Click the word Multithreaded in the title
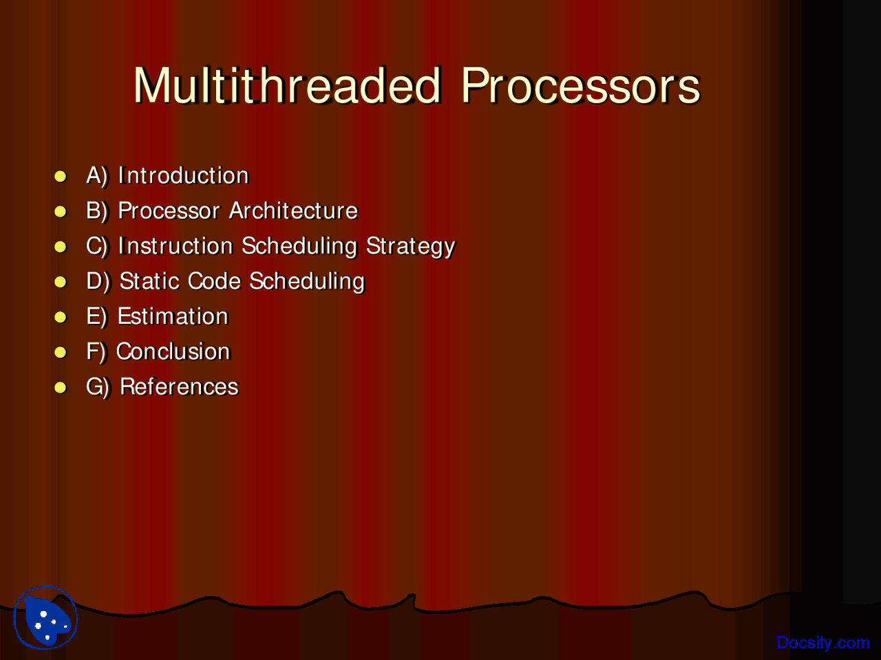(288, 85)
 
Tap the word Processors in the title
(580, 85)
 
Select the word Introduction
(183, 175)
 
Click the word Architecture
(293, 210)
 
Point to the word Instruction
(176, 245)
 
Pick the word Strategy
(411, 246)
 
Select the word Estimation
(173, 316)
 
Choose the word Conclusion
(173, 351)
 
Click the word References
(180, 386)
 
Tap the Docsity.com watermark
(822, 643)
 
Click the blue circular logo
(45, 617)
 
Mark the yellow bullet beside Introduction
(60, 176)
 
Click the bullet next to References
(60, 388)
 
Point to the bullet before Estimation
(60, 317)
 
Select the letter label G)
(98, 387)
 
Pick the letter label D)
(98, 281)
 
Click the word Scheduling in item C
(299, 246)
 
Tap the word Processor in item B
(169, 210)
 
